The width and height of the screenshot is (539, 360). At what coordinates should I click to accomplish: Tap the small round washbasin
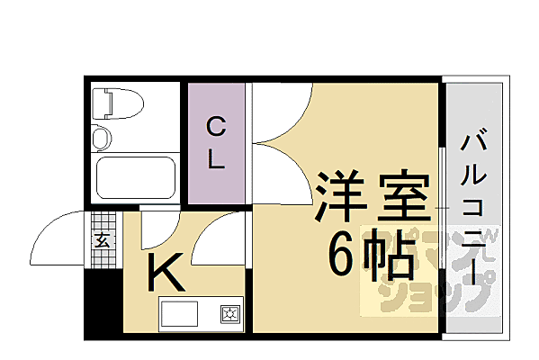[101, 139]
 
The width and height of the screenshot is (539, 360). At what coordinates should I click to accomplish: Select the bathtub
[134, 178]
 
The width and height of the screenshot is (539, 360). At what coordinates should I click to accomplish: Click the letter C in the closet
[216, 125]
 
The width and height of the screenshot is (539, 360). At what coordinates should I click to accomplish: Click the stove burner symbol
[228, 314]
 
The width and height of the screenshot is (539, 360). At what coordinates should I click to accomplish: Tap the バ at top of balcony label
[473, 142]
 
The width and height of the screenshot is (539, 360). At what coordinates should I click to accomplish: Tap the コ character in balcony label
[473, 207]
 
